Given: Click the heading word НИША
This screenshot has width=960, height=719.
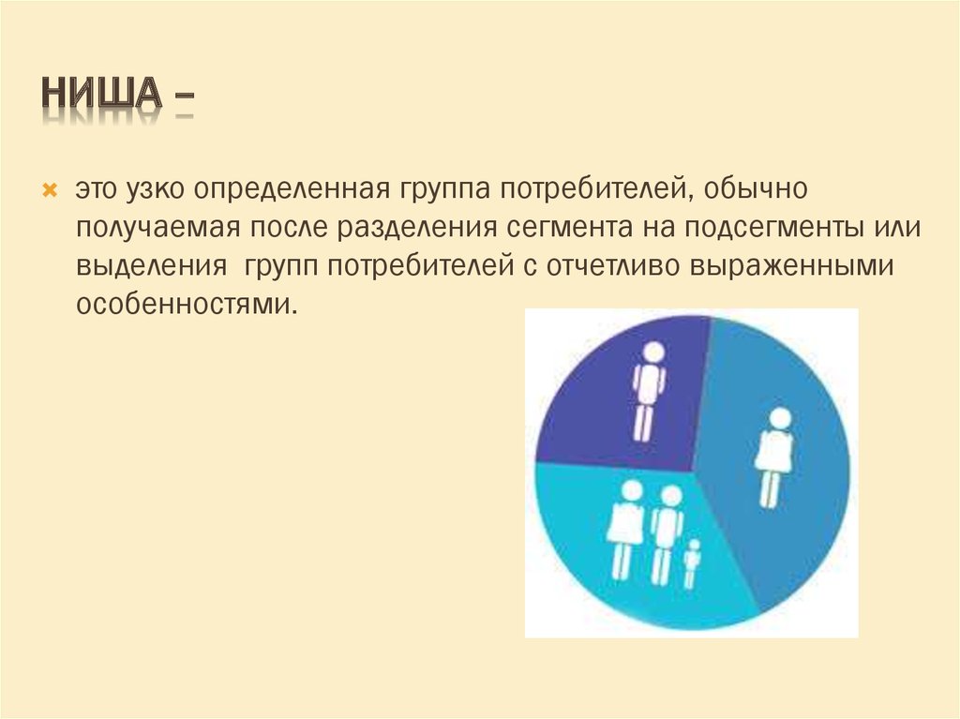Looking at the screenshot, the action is pyautogui.click(x=101, y=94).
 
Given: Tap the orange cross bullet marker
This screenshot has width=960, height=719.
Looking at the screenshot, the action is pyautogui.click(x=50, y=190).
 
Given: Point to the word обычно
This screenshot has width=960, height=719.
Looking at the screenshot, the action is pyautogui.click(x=755, y=188).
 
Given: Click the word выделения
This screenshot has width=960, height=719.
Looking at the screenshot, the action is pyautogui.click(x=151, y=266).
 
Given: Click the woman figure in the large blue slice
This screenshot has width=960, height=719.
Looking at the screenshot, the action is pyautogui.click(x=774, y=457).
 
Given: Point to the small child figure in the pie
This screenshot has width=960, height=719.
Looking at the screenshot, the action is pyautogui.click(x=692, y=562).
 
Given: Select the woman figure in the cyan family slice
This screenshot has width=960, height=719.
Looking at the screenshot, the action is pyautogui.click(x=626, y=529).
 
